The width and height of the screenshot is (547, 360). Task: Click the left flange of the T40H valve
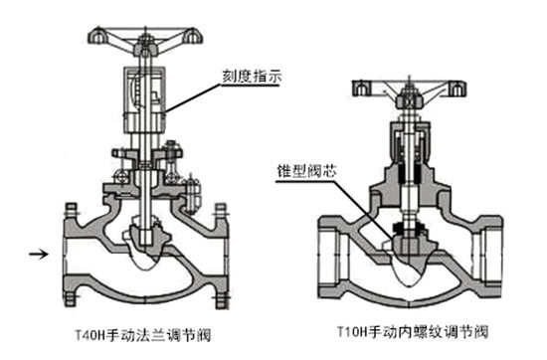[70, 254]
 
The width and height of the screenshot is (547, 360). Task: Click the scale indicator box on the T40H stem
[147, 94]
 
